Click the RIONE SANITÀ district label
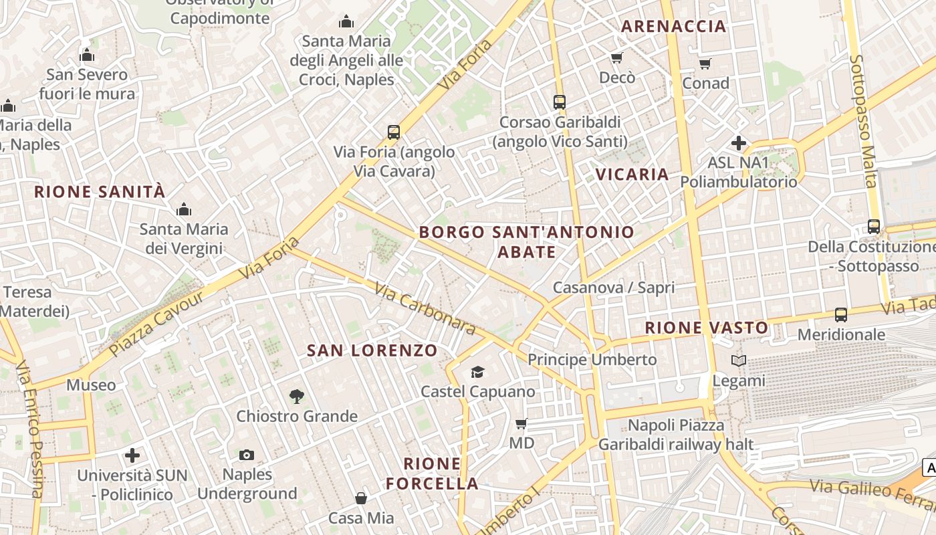[99, 192]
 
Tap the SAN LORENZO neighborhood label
[372, 350]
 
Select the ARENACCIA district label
[673, 26]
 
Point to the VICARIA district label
[632, 175]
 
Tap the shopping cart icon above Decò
[617, 58]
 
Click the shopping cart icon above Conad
[705, 64]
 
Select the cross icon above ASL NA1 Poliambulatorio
[738, 143]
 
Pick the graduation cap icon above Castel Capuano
[477, 372]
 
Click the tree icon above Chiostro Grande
[297, 397]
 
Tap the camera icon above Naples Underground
[247, 455]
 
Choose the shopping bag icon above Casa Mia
[360, 498]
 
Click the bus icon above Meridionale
[840, 314]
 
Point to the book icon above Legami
[738, 361]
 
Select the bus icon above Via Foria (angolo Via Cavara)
[394, 132]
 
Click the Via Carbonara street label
[425, 308]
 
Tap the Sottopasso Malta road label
[862, 120]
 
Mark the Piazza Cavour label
[156, 323]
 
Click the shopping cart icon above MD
[521, 423]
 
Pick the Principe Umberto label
[592, 360]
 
